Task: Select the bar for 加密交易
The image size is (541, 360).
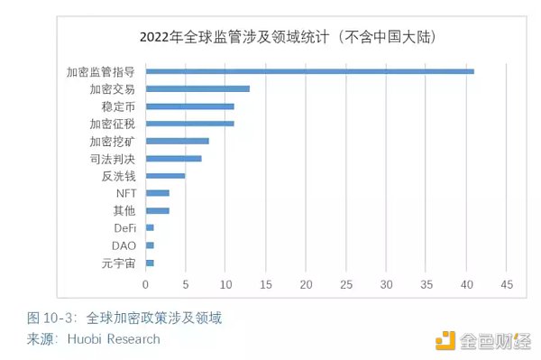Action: (x=197, y=88)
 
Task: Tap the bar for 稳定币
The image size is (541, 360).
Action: (x=189, y=106)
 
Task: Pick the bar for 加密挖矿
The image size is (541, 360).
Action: (x=178, y=141)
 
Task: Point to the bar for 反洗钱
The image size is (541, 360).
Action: (x=165, y=176)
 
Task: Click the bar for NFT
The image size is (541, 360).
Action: (x=158, y=193)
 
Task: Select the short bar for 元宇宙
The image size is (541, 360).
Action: (x=150, y=263)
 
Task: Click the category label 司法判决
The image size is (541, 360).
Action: (x=113, y=159)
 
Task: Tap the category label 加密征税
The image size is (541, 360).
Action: (x=113, y=124)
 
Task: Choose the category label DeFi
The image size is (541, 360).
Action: (x=125, y=228)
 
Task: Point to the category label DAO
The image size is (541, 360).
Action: (x=124, y=245)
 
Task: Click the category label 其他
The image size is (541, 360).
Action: (x=124, y=211)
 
